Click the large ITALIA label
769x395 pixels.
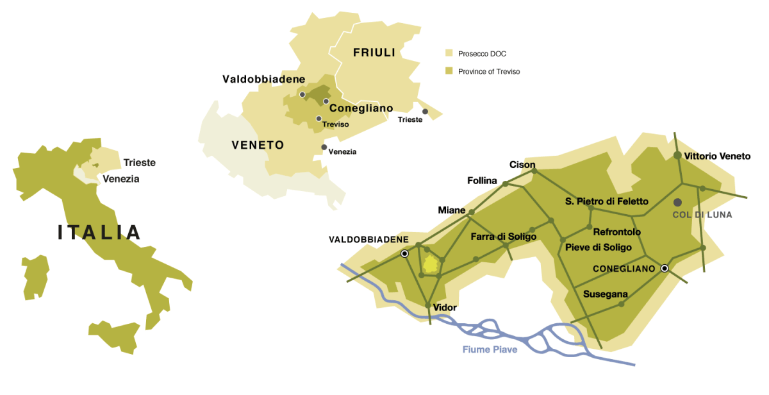click(99, 232)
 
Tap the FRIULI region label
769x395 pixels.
click(374, 53)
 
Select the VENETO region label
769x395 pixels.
click(258, 146)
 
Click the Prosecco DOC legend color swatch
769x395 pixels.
click(449, 54)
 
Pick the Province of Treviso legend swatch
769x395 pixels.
click(449, 71)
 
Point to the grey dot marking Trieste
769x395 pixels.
click(425, 112)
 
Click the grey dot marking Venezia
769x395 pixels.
click(324, 147)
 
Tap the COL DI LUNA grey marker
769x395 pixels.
click(677, 202)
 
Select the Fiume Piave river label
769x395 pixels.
click(490, 349)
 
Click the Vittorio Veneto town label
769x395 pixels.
click(716, 156)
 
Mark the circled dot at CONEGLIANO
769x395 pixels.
click(665, 269)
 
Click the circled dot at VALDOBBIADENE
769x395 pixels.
click(404, 254)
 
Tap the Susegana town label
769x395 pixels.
click(605, 294)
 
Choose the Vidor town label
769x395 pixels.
click(445, 308)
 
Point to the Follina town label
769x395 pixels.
click(482, 181)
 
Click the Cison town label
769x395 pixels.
click(522, 165)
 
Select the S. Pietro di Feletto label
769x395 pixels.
click(606, 201)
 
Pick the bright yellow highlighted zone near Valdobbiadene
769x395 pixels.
click(431, 265)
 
